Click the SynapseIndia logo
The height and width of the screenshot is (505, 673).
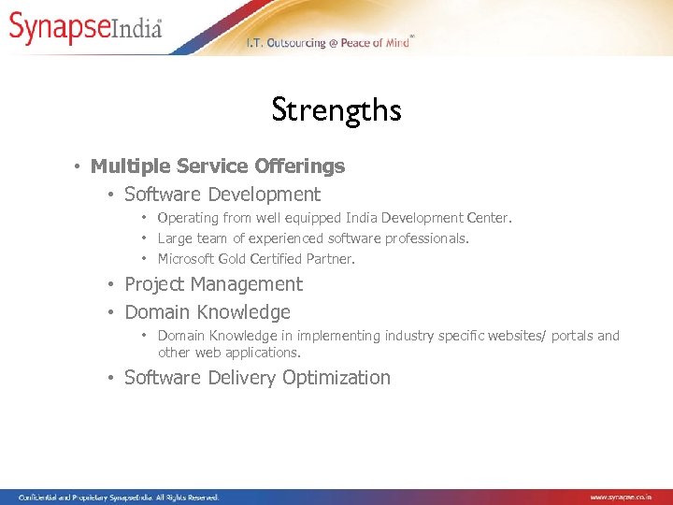[x=86, y=27]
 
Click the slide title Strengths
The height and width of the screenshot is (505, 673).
[x=336, y=110]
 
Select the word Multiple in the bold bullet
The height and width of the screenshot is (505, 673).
[x=126, y=166]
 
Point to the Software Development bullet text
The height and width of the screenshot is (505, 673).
[x=222, y=195]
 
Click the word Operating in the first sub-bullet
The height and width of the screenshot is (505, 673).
[x=189, y=218]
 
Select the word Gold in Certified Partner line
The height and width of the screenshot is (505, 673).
[x=234, y=259]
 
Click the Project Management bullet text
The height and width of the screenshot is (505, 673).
[x=213, y=284]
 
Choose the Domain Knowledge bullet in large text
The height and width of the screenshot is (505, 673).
[x=207, y=312]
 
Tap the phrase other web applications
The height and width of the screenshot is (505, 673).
[x=229, y=353]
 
